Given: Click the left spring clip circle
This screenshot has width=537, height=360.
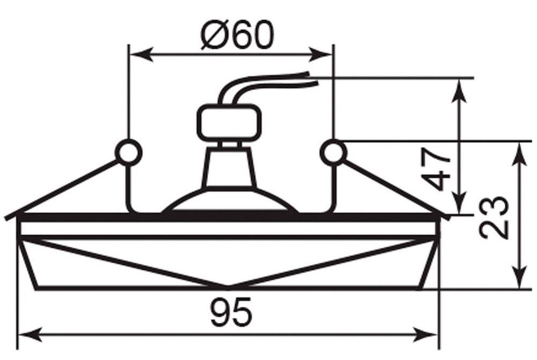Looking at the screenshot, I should tap(129, 152).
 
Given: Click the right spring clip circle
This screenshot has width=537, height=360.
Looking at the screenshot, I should tap(333, 152).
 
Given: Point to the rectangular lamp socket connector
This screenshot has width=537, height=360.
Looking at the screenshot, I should tap(230, 122).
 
